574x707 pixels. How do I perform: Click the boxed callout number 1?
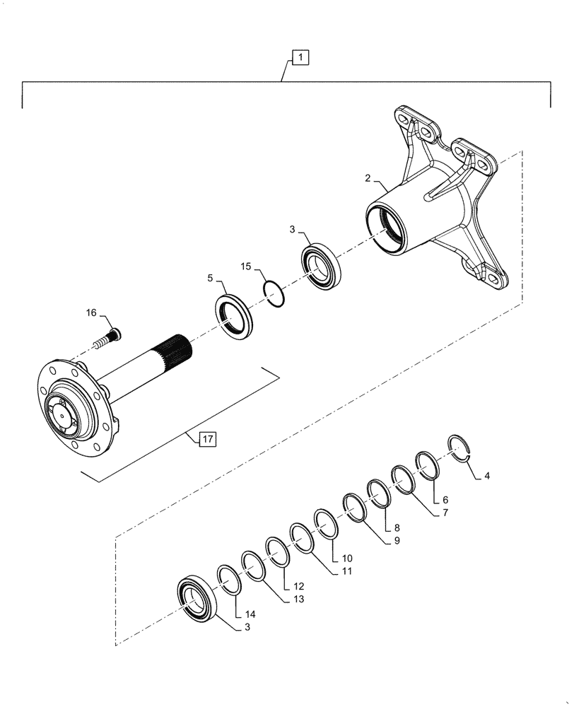300,57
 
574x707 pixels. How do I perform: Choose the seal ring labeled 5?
233,317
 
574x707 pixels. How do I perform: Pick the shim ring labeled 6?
427,464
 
